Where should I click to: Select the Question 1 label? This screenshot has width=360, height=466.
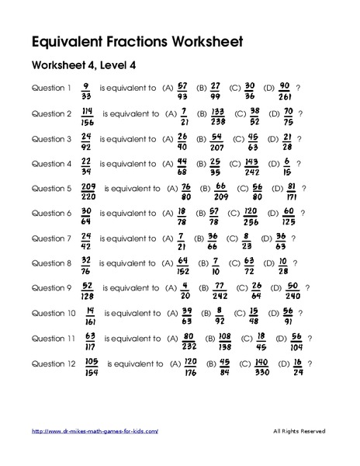pos(51,87)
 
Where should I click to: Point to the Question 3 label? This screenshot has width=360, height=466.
pos(51,138)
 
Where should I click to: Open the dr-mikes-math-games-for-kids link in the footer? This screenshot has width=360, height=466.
pos(95,431)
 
